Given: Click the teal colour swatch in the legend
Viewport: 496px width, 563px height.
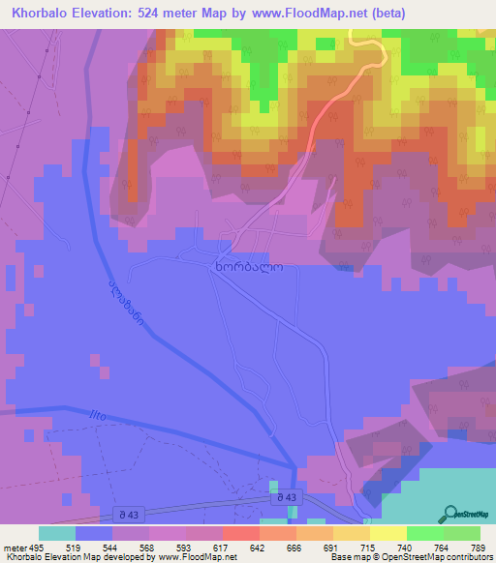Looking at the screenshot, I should point(57,533).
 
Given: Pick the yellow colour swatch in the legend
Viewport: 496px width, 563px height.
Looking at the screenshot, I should point(387,533).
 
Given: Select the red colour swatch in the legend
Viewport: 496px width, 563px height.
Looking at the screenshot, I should point(241,533).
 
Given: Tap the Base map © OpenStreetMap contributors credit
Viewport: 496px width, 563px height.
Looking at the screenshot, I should point(410,557).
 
